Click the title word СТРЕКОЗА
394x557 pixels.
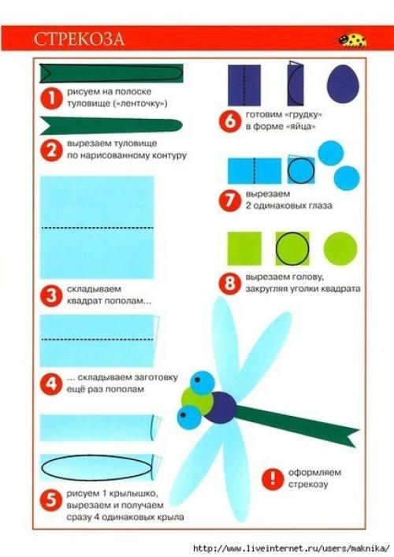(x=79, y=39)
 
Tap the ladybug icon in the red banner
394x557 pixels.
(x=352, y=39)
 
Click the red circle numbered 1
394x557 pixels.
(x=51, y=98)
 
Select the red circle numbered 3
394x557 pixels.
(x=51, y=295)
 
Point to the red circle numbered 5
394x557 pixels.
(x=51, y=500)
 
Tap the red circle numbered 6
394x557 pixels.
(x=230, y=121)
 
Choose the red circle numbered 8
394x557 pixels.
(x=230, y=283)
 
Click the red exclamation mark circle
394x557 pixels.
(x=273, y=478)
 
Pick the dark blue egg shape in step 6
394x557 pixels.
(x=343, y=84)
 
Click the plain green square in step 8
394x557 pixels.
(x=244, y=248)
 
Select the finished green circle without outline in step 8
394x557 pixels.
(x=340, y=249)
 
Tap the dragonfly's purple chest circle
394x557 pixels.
(x=221, y=407)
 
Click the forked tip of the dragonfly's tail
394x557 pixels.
(x=349, y=436)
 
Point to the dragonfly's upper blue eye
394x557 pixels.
(x=203, y=383)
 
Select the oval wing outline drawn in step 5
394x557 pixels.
(x=96, y=467)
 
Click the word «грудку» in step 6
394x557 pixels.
(x=303, y=115)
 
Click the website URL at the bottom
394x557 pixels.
(x=291, y=548)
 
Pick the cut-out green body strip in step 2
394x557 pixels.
(x=111, y=126)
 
